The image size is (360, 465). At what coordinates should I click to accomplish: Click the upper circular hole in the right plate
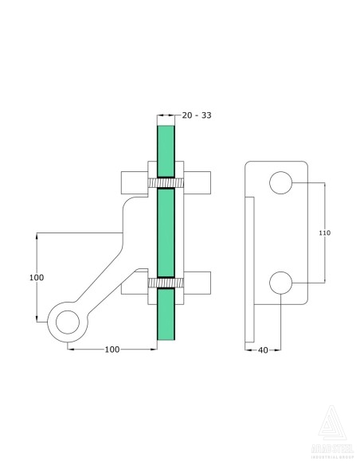pos(280,182)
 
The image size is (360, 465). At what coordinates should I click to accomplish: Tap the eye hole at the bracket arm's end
pos(65,322)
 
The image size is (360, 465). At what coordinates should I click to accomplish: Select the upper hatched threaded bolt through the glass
pos(165,184)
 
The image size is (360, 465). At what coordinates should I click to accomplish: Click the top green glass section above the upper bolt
pos(165,147)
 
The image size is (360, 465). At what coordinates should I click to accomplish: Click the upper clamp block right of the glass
pos(199,183)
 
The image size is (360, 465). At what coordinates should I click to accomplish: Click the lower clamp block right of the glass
pos(199,283)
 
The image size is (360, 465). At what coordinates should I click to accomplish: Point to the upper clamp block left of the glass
pos(132,183)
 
